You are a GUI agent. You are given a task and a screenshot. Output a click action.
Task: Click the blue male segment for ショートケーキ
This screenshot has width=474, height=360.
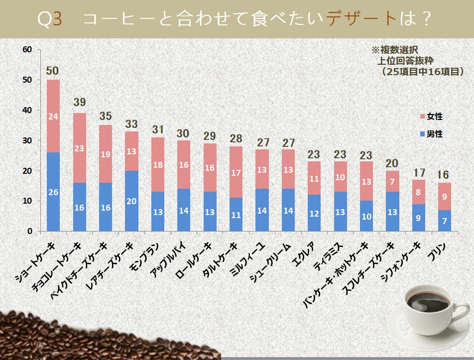click(x=53, y=192)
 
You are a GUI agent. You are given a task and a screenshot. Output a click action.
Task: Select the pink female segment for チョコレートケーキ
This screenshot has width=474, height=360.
click(x=80, y=148)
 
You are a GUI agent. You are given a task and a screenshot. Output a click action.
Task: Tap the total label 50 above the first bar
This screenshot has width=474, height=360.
click(x=53, y=71)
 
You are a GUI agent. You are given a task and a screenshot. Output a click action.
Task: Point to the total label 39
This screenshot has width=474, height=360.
click(x=80, y=102)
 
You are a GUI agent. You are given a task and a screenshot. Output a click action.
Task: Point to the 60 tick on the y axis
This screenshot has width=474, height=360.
click(x=27, y=49)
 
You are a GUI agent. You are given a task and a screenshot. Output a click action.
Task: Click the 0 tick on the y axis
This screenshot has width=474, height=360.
click(x=30, y=232)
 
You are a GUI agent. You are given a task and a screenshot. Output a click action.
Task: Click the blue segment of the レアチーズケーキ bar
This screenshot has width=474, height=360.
click(x=132, y=201)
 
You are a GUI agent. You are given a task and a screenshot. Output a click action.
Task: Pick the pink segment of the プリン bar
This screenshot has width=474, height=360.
click(x=445, y=196)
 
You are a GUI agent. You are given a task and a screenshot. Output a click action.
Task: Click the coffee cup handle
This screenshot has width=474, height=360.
click(x=454, y=319)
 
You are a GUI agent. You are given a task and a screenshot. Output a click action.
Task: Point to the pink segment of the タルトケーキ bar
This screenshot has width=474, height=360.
click(x=237, y=172)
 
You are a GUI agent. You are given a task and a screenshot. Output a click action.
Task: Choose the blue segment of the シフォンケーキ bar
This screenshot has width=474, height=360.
click(x=419, y=218)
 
